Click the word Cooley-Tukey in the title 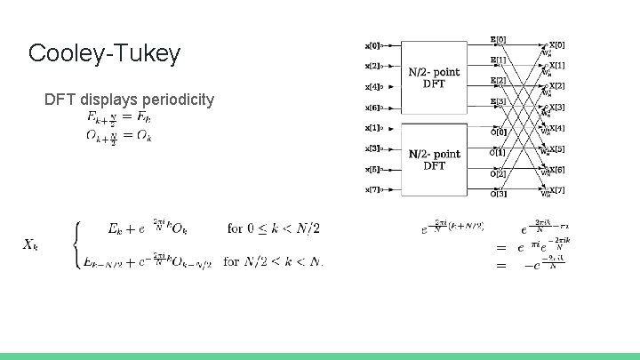(104, 53)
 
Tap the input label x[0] (372, 44)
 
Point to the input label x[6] (372, 108)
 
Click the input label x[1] (372, 128)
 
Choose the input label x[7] (372, 189)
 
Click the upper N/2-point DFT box (434, 77)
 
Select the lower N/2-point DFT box (434, 160)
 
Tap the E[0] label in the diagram (499, 39)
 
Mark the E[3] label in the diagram (499, 102)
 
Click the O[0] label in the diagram (499, 132)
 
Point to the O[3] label (499, 194)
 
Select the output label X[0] (556, 45)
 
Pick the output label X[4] (556, 128)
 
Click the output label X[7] (556, 189)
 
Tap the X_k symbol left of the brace (30, 244)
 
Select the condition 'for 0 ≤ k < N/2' (273, 228)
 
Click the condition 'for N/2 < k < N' (273, 261)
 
